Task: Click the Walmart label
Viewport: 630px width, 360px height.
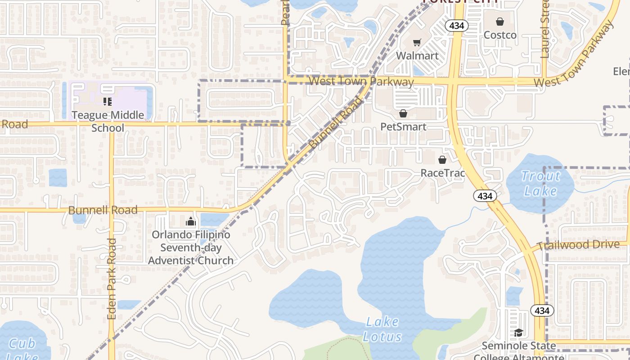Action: coord(417,56)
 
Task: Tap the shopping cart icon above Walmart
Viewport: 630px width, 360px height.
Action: coord(417,43)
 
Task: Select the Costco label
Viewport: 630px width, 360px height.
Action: coord(500,35)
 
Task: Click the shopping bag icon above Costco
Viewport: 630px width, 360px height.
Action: coord(500,21)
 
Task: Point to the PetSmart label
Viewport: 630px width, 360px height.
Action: coord(403,126)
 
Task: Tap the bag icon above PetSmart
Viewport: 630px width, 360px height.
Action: coord(403,113)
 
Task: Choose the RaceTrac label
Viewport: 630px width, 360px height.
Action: coord(442,173)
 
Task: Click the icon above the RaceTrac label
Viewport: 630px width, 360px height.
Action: coord(442,160)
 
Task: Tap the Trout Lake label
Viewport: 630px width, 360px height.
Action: coord(540,183)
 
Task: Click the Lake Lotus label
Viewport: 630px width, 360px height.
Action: coord(382,329)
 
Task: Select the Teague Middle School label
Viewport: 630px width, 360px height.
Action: coord(108,121)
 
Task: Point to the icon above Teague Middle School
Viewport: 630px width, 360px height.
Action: coord(108,102)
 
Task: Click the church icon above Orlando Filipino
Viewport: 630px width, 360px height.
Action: coord(191,221)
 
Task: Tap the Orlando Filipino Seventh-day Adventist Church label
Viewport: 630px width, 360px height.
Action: coord(191,247)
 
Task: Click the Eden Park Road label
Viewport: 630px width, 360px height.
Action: coord(112,279)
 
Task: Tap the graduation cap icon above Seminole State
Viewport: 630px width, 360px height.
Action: coord(518,333)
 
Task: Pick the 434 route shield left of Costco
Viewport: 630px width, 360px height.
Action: coord(457,26)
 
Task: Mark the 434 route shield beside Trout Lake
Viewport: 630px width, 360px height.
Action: coord(485,196)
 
